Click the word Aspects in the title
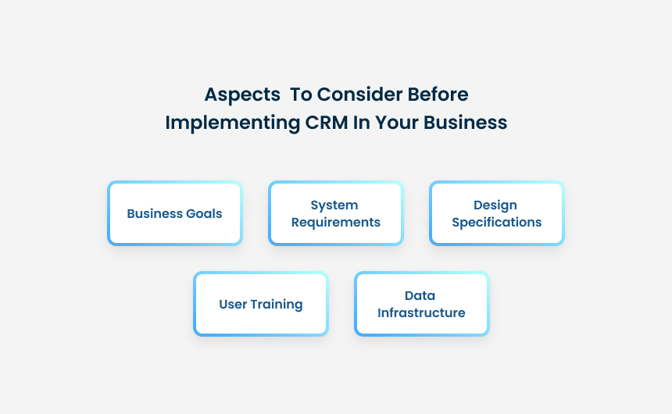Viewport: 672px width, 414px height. tap(242, 95)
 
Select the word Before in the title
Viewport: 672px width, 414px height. tap(438, 95)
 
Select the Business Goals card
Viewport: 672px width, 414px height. tap(174, 213)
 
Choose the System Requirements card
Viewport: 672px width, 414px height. tap(335, 213)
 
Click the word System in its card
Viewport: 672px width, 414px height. tap(334, 205)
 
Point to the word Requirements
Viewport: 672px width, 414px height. tap(336, 223)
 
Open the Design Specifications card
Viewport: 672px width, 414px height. tap(496, 213)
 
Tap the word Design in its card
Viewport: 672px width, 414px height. tap(495, 205)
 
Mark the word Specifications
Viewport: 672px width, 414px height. tap(496, 223)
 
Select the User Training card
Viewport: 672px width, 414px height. tap(260, 304)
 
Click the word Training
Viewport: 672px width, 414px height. tap(277, 305)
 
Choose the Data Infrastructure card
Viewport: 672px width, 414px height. tap(421, 304)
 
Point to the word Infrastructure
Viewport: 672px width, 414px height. tap(421, 313)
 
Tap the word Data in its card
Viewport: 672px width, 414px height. tap(420, 296)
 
